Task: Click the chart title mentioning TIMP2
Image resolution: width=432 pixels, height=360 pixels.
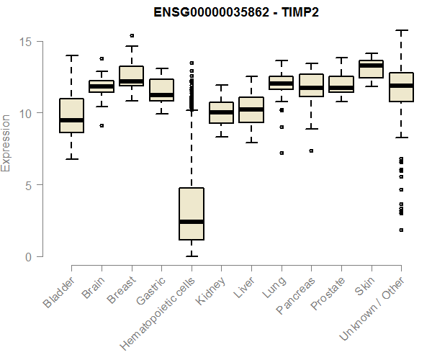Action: click(x=236, y=12)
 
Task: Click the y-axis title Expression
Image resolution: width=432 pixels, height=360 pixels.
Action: click(x=6, y=142)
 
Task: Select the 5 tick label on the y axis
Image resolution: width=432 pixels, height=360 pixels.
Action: click(x=28, y=185)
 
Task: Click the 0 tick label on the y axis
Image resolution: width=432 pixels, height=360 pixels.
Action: click(x=28, y=257)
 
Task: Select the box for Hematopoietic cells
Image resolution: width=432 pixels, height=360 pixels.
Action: click(x=191, y=213)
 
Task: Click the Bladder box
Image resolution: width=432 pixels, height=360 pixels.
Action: click(x=71, y=115)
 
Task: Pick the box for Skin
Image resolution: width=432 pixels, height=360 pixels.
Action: click(x=371, y=69)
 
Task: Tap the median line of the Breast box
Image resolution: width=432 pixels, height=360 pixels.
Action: click(x=131, y=81)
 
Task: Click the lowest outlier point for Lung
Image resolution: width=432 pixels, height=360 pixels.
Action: click(x=282, y=153)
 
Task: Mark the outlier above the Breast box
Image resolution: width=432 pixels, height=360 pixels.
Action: click(x=131, y=35)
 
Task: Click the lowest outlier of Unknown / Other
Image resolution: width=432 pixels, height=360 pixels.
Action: click(x=401, y=230)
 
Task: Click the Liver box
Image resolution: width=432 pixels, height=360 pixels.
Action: click(x=251, y=109)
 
